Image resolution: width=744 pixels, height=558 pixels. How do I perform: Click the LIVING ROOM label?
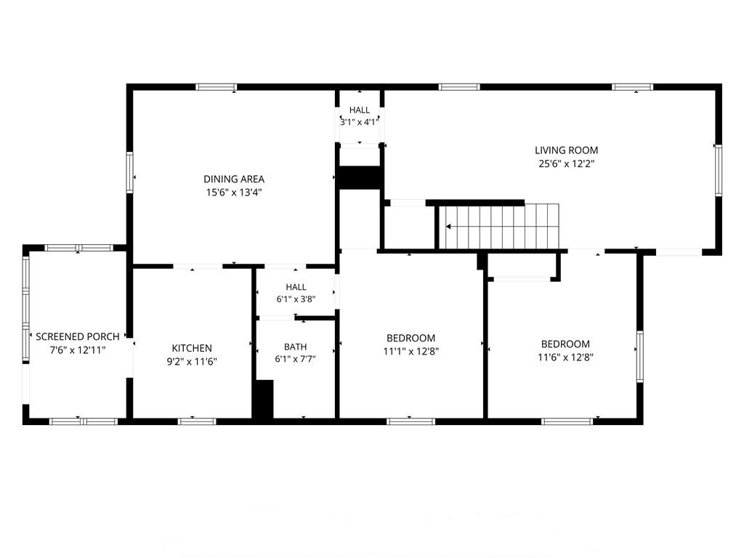pos(566,150)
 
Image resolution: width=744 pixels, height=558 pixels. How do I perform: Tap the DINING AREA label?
pos(234,179)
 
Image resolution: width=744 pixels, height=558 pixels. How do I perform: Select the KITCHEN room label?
pos(192,348)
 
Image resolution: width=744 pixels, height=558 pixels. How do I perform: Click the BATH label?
pos(296,347)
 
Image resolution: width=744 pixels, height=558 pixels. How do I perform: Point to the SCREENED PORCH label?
pos(77,337)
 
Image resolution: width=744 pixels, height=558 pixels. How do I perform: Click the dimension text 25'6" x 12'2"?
pos(567,164)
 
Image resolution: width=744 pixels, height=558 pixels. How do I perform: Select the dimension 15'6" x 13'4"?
pos(234,193)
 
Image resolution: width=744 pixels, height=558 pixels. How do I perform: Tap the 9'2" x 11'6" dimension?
pos(192,362)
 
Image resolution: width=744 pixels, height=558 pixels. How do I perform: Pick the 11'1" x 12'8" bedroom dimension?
pos(411,352)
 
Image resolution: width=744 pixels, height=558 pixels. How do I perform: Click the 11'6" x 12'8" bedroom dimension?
pos(565,357)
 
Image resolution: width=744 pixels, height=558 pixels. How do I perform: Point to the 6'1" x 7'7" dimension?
pos(295,359)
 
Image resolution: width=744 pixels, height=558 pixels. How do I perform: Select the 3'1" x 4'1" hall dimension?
pos(359,122)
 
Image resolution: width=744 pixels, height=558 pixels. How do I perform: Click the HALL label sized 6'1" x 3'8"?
pos(296,287)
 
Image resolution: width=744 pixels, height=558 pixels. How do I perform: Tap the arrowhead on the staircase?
pos(448,227)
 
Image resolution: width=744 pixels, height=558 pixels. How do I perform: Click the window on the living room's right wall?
pos(719,170)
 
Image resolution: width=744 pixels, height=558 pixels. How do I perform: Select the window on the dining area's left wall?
pos(129,172)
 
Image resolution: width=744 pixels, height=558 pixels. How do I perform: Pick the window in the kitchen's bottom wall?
pos(197,421)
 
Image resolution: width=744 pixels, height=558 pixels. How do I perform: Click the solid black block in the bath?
pos(262,399)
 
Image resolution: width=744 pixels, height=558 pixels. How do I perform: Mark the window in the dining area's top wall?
pos(216,87)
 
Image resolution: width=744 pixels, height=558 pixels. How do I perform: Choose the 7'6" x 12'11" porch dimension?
pos(77,350)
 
